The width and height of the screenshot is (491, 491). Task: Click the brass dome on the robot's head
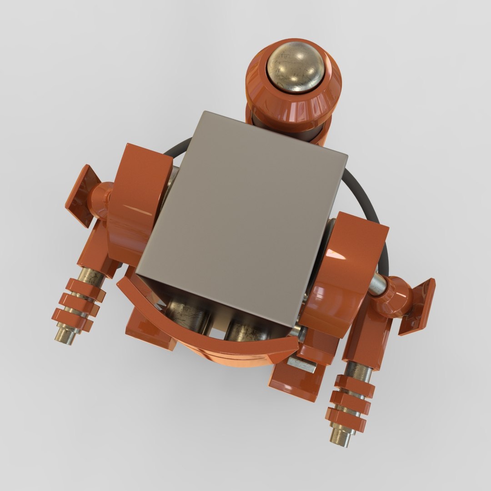pos(296,67)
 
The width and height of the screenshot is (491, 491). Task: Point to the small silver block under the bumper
pos(301,363)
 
